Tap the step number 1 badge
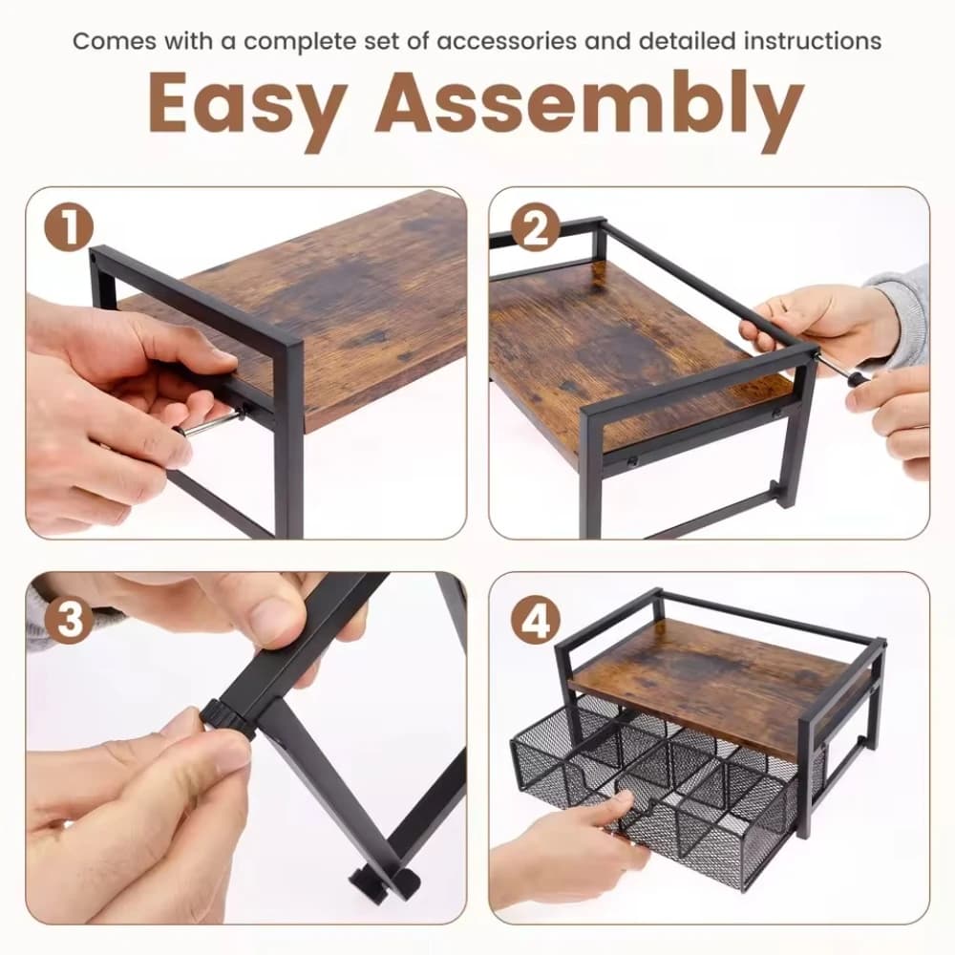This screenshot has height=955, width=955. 69,229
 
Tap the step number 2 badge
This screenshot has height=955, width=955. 535,228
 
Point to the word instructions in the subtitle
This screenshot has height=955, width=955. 813,41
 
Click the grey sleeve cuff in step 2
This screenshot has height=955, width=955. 899,305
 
